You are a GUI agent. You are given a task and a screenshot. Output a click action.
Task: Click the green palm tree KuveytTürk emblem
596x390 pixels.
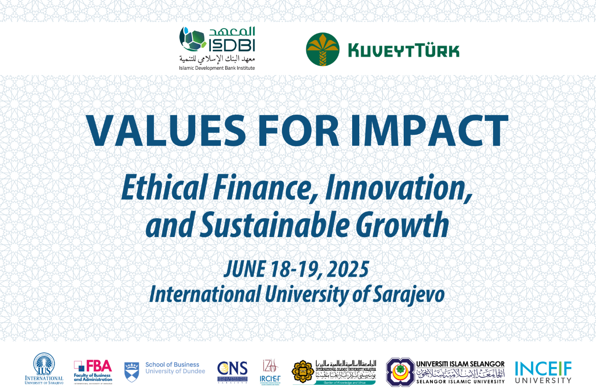click(x=323, y=50)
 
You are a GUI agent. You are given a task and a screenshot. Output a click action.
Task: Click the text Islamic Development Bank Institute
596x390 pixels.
click(x=217, y=68)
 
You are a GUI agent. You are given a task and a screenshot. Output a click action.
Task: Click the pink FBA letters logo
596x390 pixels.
click(x=99, y=367)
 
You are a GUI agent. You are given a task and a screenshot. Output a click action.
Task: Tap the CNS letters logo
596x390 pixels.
click(x=232, y=368)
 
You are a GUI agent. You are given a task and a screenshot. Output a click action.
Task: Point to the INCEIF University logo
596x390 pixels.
click(x=543, y=372)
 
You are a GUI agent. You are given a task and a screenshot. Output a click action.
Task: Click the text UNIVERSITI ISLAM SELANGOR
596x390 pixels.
click(x=460, y=364)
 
